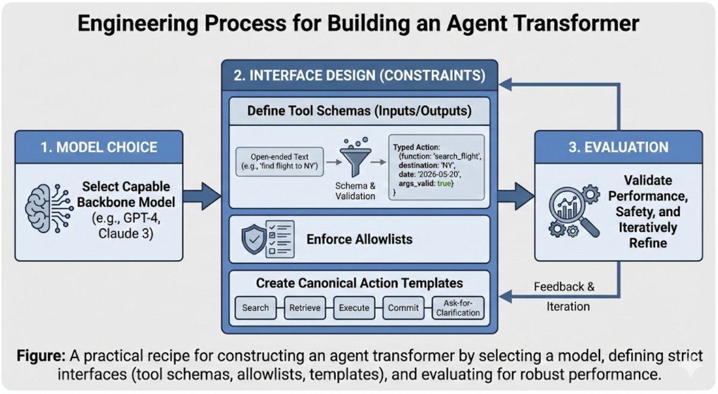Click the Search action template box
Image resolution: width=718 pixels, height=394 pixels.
(255, 308)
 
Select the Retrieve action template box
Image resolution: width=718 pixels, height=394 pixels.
(305, 308)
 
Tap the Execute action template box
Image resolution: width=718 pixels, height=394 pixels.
(354, 308)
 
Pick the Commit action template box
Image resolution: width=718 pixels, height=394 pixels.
(403, 308)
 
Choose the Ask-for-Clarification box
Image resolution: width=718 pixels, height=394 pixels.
(458, 308)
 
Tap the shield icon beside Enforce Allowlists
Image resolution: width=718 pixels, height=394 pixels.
(254, 239)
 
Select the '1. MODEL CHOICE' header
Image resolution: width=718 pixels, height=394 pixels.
(99, 147)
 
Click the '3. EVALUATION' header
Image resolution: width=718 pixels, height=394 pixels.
(618, 147)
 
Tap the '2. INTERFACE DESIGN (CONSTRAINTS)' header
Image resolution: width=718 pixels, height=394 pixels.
(360, 75)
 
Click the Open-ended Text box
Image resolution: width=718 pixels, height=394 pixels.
(279, 162)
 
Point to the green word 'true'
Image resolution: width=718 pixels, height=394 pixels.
(443, 183)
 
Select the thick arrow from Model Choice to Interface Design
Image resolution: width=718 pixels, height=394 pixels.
(202, 196)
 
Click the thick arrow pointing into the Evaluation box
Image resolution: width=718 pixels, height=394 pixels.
(516, 196)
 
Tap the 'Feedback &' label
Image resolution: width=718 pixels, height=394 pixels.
(564, 286)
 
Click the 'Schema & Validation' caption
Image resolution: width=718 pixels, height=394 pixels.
(355, 191)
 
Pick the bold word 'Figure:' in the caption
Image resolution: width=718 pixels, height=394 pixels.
(41, 356)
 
